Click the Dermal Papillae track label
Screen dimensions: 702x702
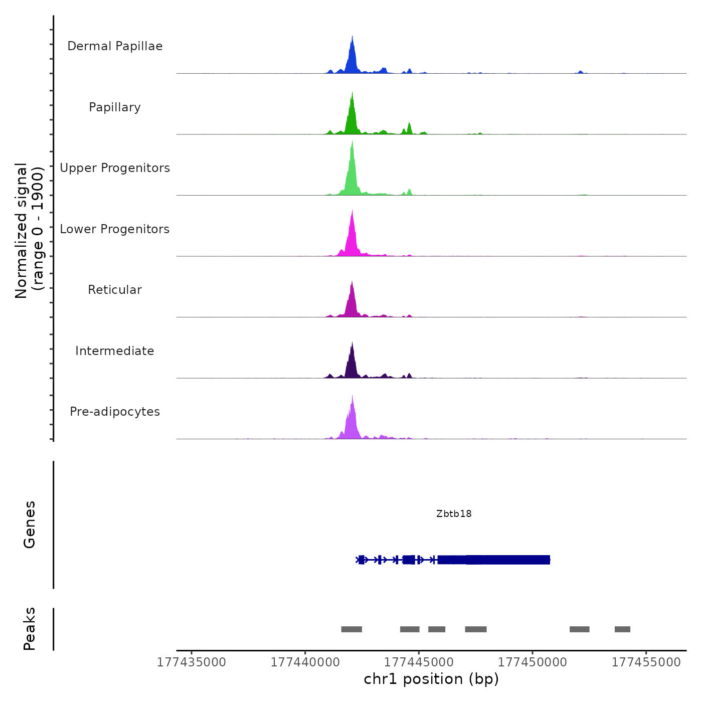pyautogui.click(x=115, y=46)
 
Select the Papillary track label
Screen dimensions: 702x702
pyautogui.click(x=115, y=107)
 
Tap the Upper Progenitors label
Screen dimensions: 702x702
pyautogui.click(x=115, y=168)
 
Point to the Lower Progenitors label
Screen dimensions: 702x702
pyautogui.click(x=115, y=229)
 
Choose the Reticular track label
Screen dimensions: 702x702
pyautogui.click(x=115, y=290)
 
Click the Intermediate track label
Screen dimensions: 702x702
pyautogui.click(x=115, y=351)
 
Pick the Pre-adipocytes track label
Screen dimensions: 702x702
pyautogui.click(x=115, y=412)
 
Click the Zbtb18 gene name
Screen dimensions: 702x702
pyautogui.click(x=454, y=513)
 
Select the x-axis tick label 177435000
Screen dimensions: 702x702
pyautogui.click(x=192, y=662)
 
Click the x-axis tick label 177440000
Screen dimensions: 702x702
pyautogui.click(x=305, y=662)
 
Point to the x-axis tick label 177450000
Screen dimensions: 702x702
pyautogui.click(x=533, y=662)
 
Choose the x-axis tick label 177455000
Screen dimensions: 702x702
pyautogui.click(x=646, y=662)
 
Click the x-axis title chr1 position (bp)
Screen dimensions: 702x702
pyautogui.click(x=431, y=679)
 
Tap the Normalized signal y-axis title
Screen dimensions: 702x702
pyautogui.click(x=29, y=231)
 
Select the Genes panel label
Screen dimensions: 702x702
pyautogui.click(x=30, y=524)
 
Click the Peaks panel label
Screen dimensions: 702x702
pyautogui.click(x=30, y=629)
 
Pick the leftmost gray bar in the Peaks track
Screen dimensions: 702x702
pyautogui.click(x=352, y=629)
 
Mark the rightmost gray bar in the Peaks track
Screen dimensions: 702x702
pyautogui.click(x=622, y=629)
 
